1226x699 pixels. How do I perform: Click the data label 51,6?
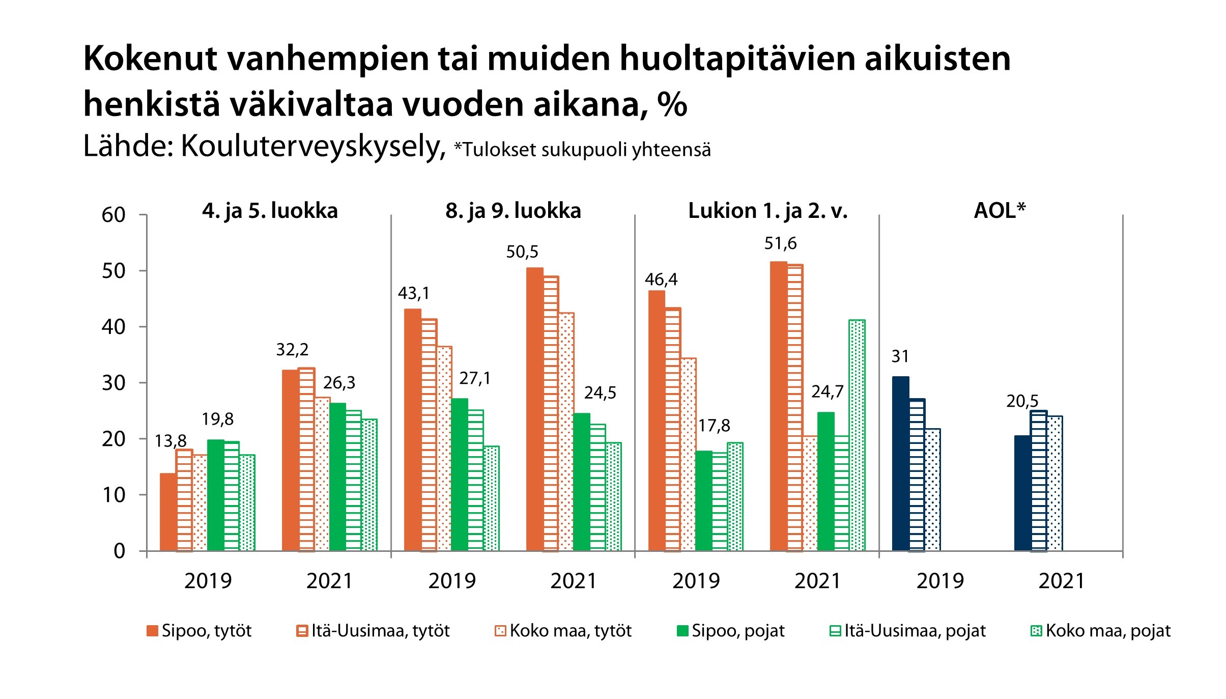[x=780, y=244]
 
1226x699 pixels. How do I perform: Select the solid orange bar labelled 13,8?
[x=168, y=512]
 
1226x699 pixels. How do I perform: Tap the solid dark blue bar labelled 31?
[x=900, y=463]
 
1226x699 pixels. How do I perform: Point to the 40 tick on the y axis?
[x=113, y=327]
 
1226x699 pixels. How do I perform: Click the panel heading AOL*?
[x=1000, y=211]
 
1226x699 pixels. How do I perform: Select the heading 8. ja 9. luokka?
[x=513, y=211]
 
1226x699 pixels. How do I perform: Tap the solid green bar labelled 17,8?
[x=703, y=500]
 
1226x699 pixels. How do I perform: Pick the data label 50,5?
[x=522, y=252]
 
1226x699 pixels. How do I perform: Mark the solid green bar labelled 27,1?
[x=460, y=474]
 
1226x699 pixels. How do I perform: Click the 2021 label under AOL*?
[x=1062, y=581]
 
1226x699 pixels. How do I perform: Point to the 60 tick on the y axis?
[x=113, y=215]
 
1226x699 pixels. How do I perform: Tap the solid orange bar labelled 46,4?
[x=657, y=421]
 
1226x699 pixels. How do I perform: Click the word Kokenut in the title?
[x=151, y=59]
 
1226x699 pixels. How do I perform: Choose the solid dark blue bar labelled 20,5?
[x=1022, y=493]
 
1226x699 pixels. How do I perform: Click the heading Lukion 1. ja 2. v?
[x=768, y=211]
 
